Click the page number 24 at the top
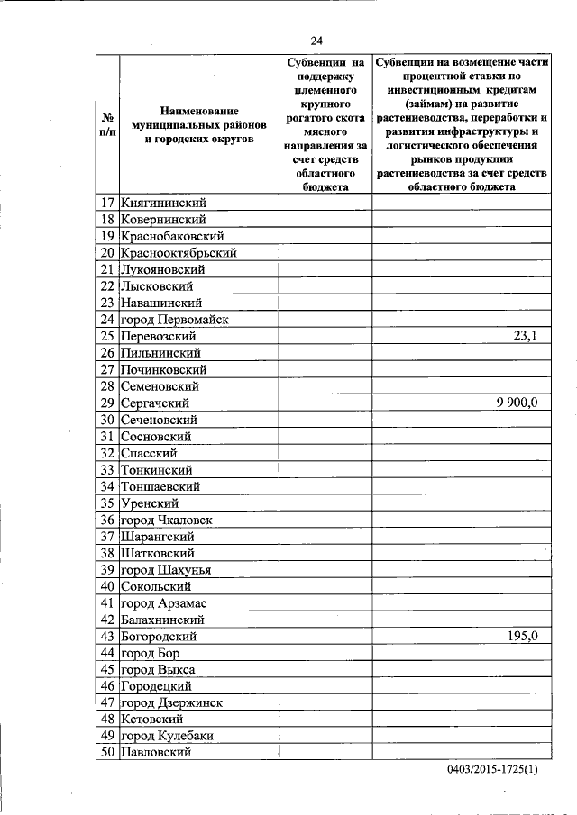(316, 40)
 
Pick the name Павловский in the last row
(156, 753)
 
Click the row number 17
(106, 203)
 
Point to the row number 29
(106, 403)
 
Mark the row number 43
(106, 637)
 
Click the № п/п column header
(106, 125)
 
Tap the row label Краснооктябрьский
(179, 253)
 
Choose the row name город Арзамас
(165, 602)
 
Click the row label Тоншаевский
(163, 486)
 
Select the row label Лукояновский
(163, 269)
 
